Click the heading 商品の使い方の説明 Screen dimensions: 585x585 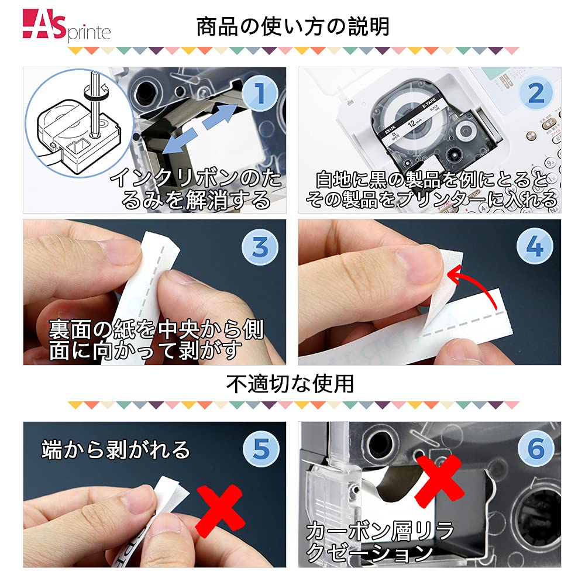click(x=292, y=26)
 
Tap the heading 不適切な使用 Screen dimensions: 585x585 click(x=291, y=384)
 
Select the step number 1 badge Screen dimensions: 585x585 click(x=260, y=94)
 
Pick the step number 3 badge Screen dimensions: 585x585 click(x=260, y=247)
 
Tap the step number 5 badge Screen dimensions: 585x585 click(x=260, y=449)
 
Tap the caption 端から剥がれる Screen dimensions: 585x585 click(x=116, y=449)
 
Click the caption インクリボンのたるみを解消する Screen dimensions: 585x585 click(x=196, y=188)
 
